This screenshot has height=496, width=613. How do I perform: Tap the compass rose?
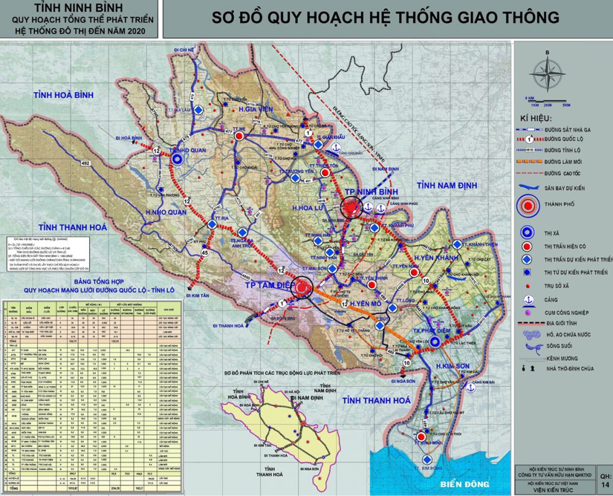(547, 73)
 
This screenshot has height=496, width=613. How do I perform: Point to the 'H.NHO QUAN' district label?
(166, 212)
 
